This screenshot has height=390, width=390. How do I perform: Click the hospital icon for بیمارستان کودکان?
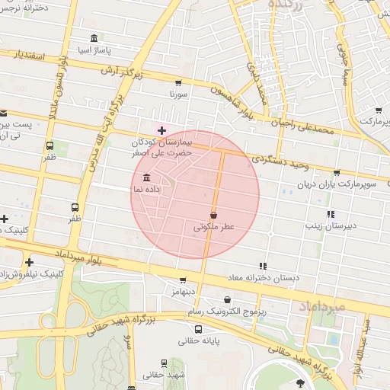pos(161,130)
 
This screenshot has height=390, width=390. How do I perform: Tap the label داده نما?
pos(126,187)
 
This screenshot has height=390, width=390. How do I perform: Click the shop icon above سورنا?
pos(178,83)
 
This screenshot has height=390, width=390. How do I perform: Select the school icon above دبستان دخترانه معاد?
pos(263,266)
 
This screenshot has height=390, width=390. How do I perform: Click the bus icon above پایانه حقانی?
pos(198,330)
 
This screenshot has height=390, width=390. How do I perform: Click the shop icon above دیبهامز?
pos(182,280)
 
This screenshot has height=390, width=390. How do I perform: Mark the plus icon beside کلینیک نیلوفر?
pos(29,262)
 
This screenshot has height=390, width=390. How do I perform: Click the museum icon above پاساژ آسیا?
pos(94,38)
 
